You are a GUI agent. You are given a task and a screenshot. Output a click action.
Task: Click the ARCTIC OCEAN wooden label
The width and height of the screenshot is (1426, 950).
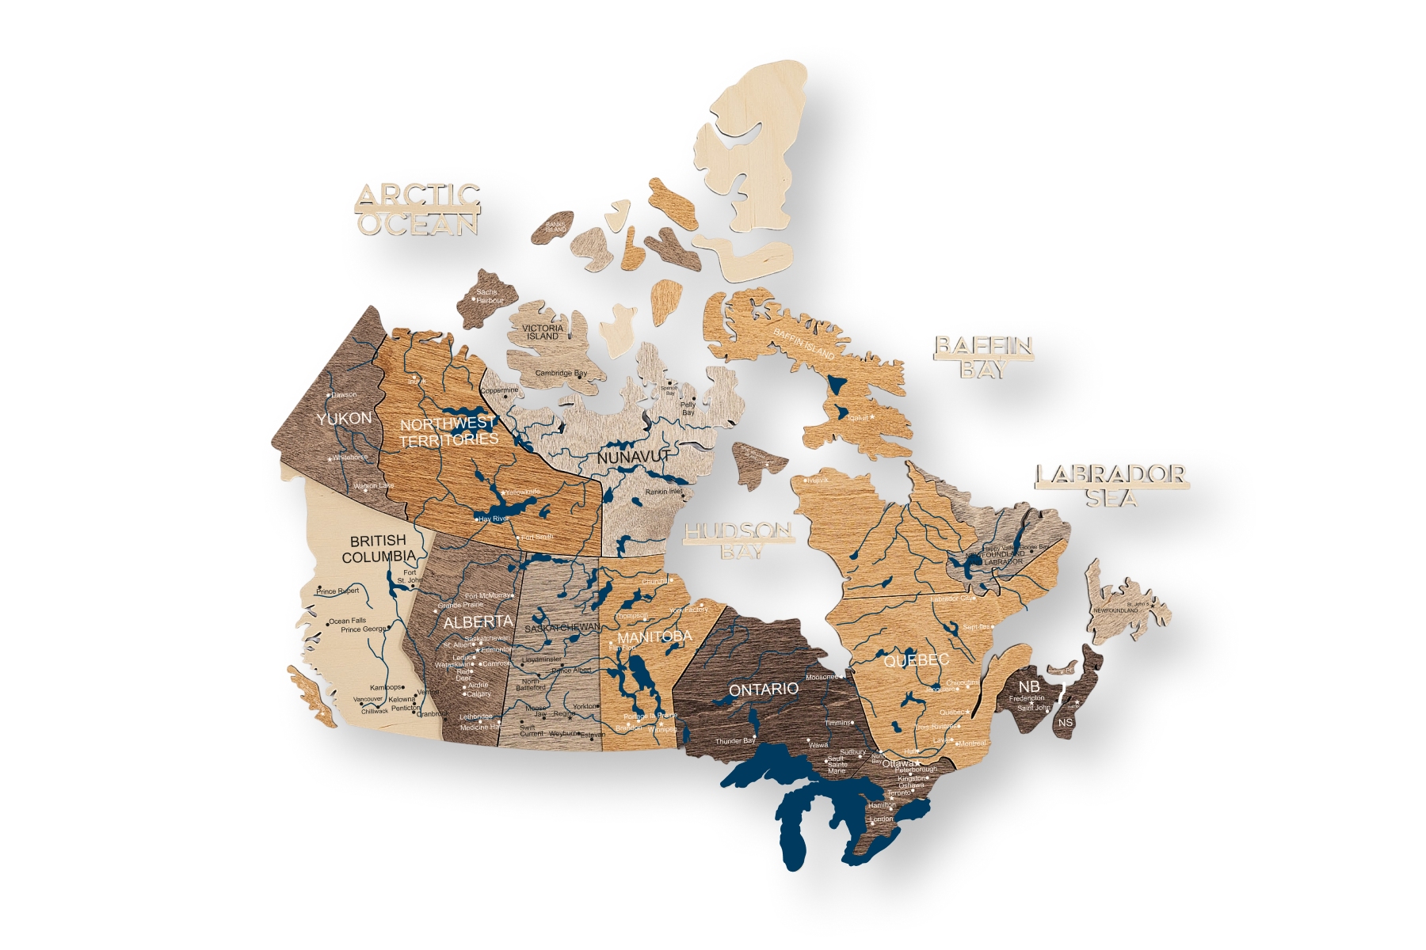click(x=418, y=210)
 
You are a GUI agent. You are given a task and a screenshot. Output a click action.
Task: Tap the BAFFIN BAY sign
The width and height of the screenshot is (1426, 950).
click(x=984, y=357)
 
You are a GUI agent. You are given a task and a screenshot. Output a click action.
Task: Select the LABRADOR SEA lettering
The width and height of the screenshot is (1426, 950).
click(x=1111, y=485)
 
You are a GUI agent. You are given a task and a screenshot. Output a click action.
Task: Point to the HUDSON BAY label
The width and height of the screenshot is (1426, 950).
click(x=738, y=540)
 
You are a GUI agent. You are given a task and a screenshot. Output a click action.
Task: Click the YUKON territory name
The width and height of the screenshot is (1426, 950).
click(x=344, y=419)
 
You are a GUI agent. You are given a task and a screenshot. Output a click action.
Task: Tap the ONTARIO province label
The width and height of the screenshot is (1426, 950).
click(x=763, y=690)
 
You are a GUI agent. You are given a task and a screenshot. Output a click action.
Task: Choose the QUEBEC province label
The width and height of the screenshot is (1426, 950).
click(x=916, y=660)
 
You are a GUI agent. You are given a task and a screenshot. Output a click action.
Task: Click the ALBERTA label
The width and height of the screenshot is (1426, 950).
click(x=478, y=622)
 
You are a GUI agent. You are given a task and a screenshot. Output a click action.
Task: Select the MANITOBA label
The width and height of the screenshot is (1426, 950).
click(x=654, y=636)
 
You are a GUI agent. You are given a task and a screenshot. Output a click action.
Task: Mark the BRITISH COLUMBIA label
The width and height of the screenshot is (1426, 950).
click(x=379, y=549)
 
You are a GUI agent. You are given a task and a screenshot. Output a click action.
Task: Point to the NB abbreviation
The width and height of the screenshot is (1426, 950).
click(x=1029, y=686)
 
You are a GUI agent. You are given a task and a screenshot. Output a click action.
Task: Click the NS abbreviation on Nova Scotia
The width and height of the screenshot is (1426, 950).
click(x=1065, y=722)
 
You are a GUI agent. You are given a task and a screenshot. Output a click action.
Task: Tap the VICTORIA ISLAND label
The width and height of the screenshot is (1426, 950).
click(x=543, y=332)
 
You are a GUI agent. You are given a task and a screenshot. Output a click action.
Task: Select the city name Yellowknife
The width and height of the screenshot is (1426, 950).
click(x=522, y=492)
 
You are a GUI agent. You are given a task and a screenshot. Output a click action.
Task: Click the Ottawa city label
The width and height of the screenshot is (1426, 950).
click(x=898, y=764)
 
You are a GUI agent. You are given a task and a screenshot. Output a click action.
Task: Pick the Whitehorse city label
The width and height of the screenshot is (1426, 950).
click(x=349, y=458)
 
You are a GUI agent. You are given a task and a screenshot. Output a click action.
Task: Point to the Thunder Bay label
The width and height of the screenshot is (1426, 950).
click(x=734, y=741)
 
